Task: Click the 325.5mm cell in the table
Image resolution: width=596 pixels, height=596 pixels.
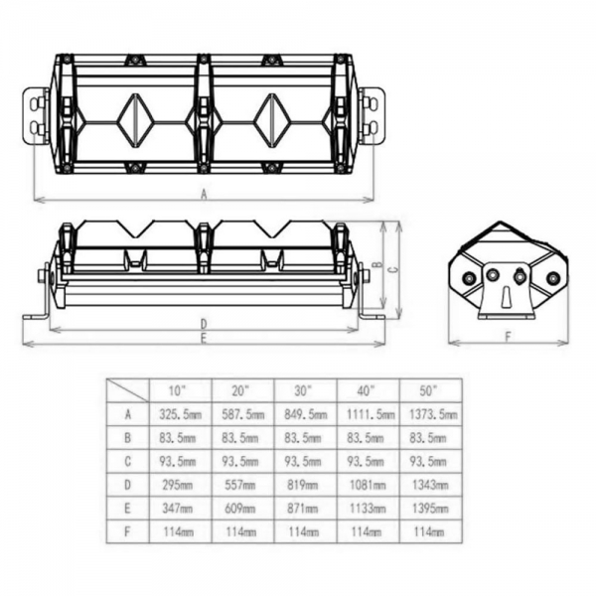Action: pos(180,414)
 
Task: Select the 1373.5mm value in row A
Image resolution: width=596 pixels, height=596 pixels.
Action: pos(433,414)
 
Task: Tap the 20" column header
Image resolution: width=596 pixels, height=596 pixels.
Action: pos(240,390)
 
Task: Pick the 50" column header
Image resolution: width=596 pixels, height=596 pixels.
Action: pos(428,390)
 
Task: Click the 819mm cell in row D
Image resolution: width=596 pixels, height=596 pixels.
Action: pos(303,485)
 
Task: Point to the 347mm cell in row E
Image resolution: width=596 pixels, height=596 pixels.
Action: pos(178,509)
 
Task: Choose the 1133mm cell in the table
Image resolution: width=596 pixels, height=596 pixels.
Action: pos(366,509)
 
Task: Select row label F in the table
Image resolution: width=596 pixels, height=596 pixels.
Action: pos(128,531)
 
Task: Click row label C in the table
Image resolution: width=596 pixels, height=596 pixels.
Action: pos(128,462)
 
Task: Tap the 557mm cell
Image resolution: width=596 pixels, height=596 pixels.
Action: pos(240,485)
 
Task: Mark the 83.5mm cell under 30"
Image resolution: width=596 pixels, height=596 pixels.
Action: pos(303,438)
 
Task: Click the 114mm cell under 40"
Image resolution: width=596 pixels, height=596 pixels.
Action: pos(366,531)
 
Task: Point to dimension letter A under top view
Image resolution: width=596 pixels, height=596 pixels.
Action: pos(204,195)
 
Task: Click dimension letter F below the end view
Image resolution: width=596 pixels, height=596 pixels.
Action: pos(509,337)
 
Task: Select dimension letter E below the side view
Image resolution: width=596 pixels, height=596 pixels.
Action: pos(204,338)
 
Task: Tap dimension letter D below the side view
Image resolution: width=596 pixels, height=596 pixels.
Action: pos(204,325)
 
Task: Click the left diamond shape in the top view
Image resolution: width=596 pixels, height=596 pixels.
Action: pos(135,120)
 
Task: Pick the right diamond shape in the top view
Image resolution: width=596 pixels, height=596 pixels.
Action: pos(272,120)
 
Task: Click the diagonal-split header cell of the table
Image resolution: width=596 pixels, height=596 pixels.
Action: pos(128,390)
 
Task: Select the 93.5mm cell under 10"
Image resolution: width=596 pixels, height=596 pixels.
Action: pos(178,462)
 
